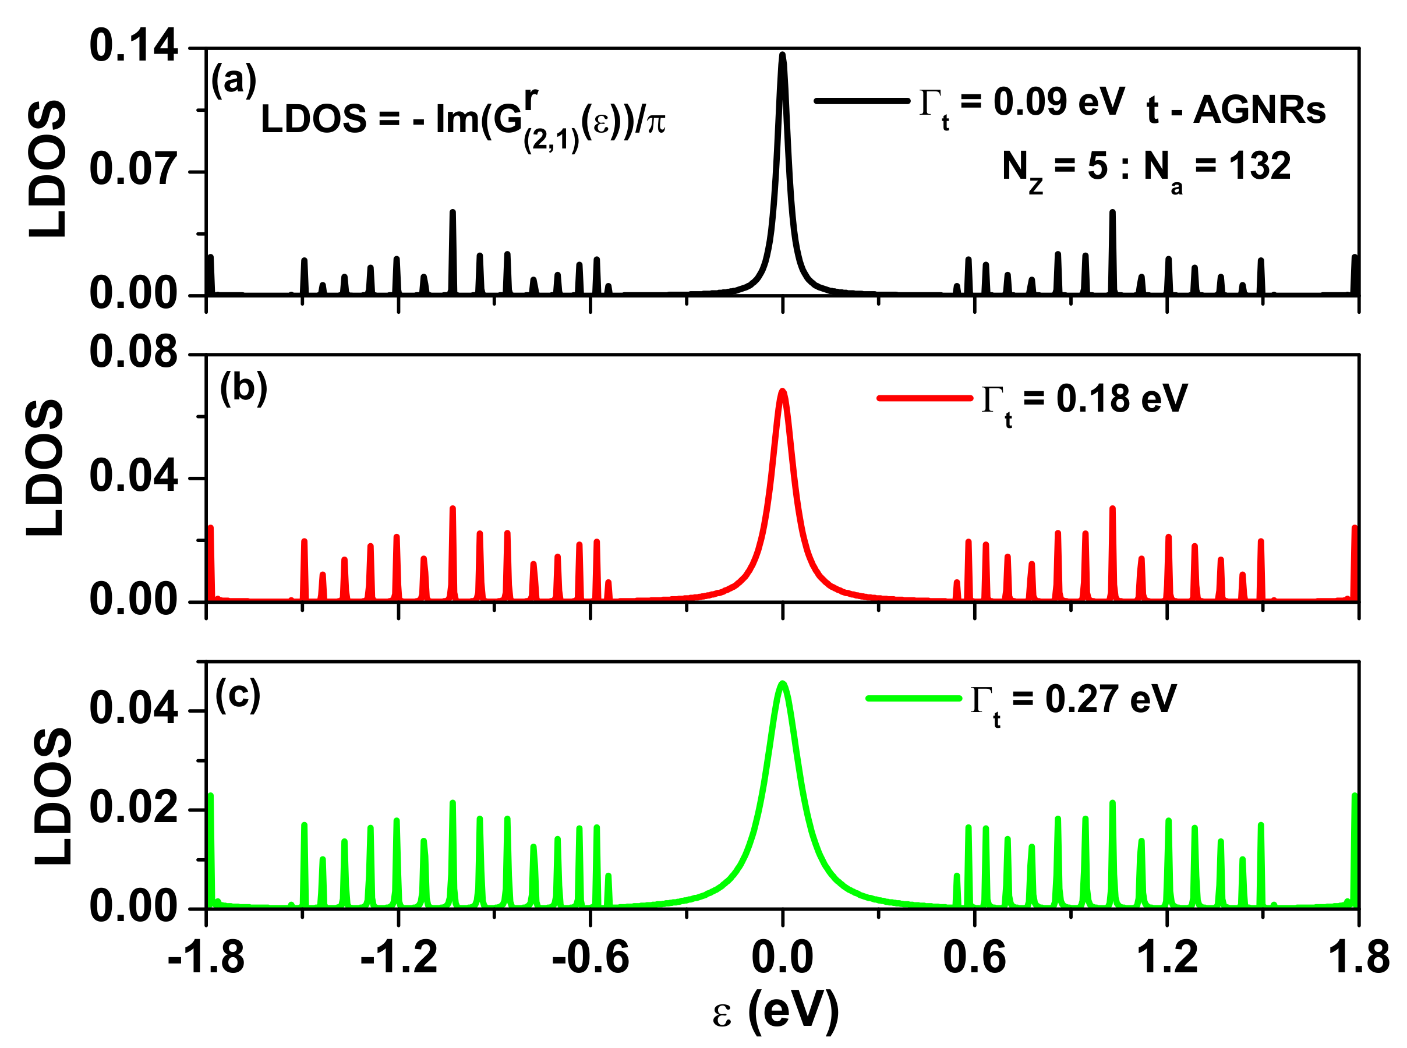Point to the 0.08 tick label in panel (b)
coord(133,353)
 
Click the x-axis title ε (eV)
coord(775,1010)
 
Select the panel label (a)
coord(234,81)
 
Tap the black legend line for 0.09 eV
coord(861,101)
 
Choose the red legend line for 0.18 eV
coord(924,398)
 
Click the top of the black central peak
coord(782,55)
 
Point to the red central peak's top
coord(782,391)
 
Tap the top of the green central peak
coord(782,683)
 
